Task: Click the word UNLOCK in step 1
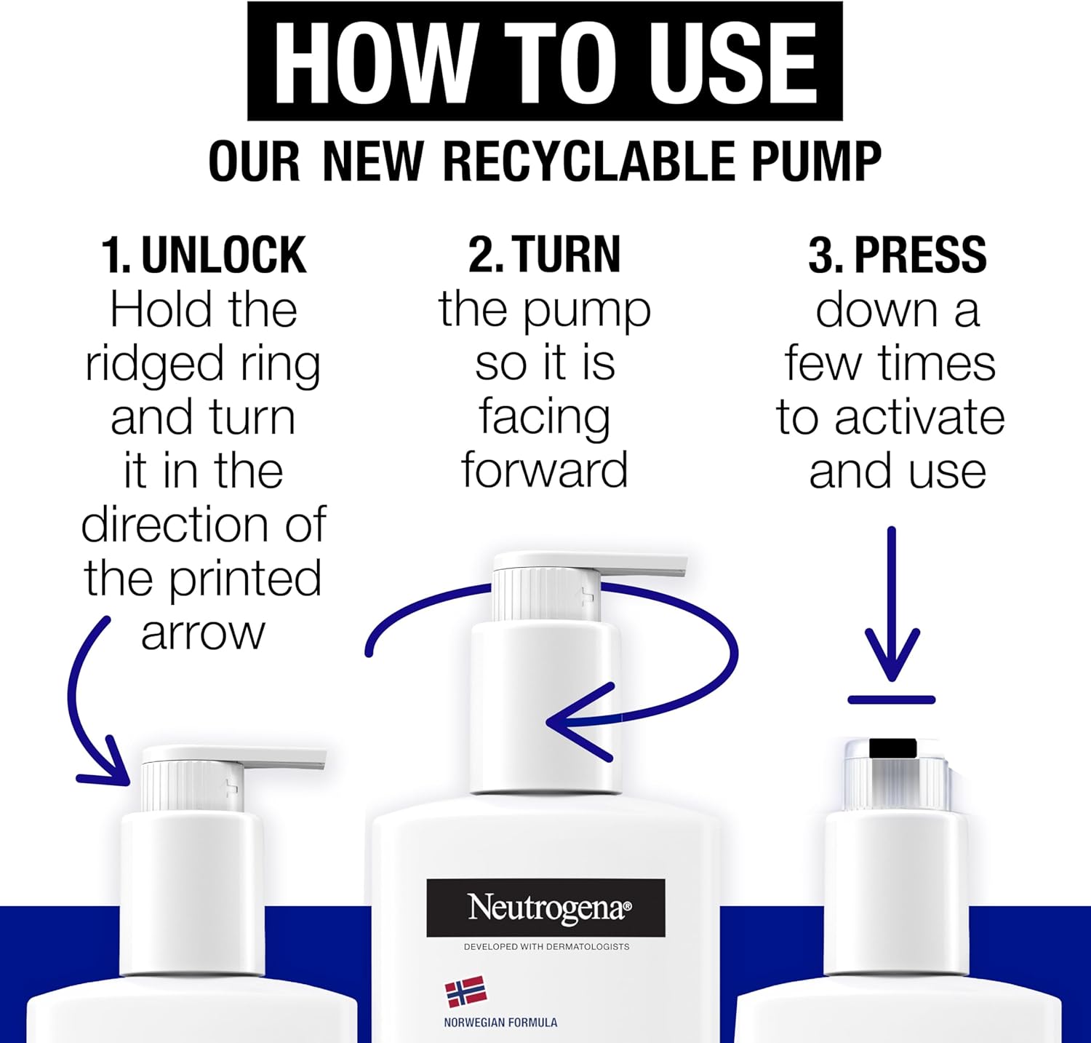point(224,255)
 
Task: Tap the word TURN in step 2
point(568,255)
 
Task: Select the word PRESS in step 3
point(920,255)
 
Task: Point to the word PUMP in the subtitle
point(816,161)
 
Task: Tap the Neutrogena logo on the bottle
point(546,908)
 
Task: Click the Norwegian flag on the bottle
point(465,992)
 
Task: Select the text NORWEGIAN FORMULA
point(500,1023)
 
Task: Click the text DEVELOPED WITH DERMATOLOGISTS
point(547,947)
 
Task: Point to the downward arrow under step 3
point(892,604)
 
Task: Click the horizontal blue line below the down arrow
point(892,700)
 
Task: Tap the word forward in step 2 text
point(545,471)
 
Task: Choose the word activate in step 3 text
point(919,419)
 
